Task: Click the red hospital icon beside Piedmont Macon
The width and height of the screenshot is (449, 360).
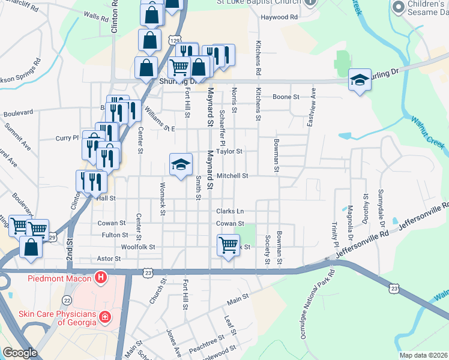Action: tap(101, 278)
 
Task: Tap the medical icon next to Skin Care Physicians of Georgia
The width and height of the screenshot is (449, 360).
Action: tap(105, 316)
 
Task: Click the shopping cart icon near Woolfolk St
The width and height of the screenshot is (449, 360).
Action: tap(228, 244)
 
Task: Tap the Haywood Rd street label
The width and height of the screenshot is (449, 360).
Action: tap(279, 17)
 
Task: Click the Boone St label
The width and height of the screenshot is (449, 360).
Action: tap(286, 97)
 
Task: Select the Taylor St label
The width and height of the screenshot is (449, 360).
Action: tap(229, 152)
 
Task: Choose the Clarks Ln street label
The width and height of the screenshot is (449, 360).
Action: tap(231, 211)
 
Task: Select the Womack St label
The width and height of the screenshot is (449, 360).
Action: tap(163, 199)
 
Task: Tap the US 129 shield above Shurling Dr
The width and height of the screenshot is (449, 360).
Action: tap(175, 40)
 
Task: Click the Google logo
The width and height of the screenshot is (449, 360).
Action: tap(20, 353)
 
